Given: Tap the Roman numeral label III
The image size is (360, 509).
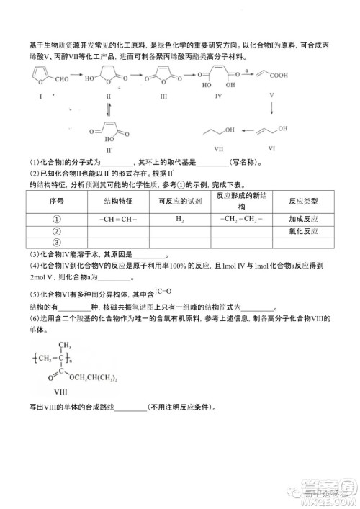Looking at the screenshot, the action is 164,95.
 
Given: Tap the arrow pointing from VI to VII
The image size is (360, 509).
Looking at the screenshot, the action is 249,132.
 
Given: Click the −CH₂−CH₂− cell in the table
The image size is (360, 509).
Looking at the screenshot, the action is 241,219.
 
